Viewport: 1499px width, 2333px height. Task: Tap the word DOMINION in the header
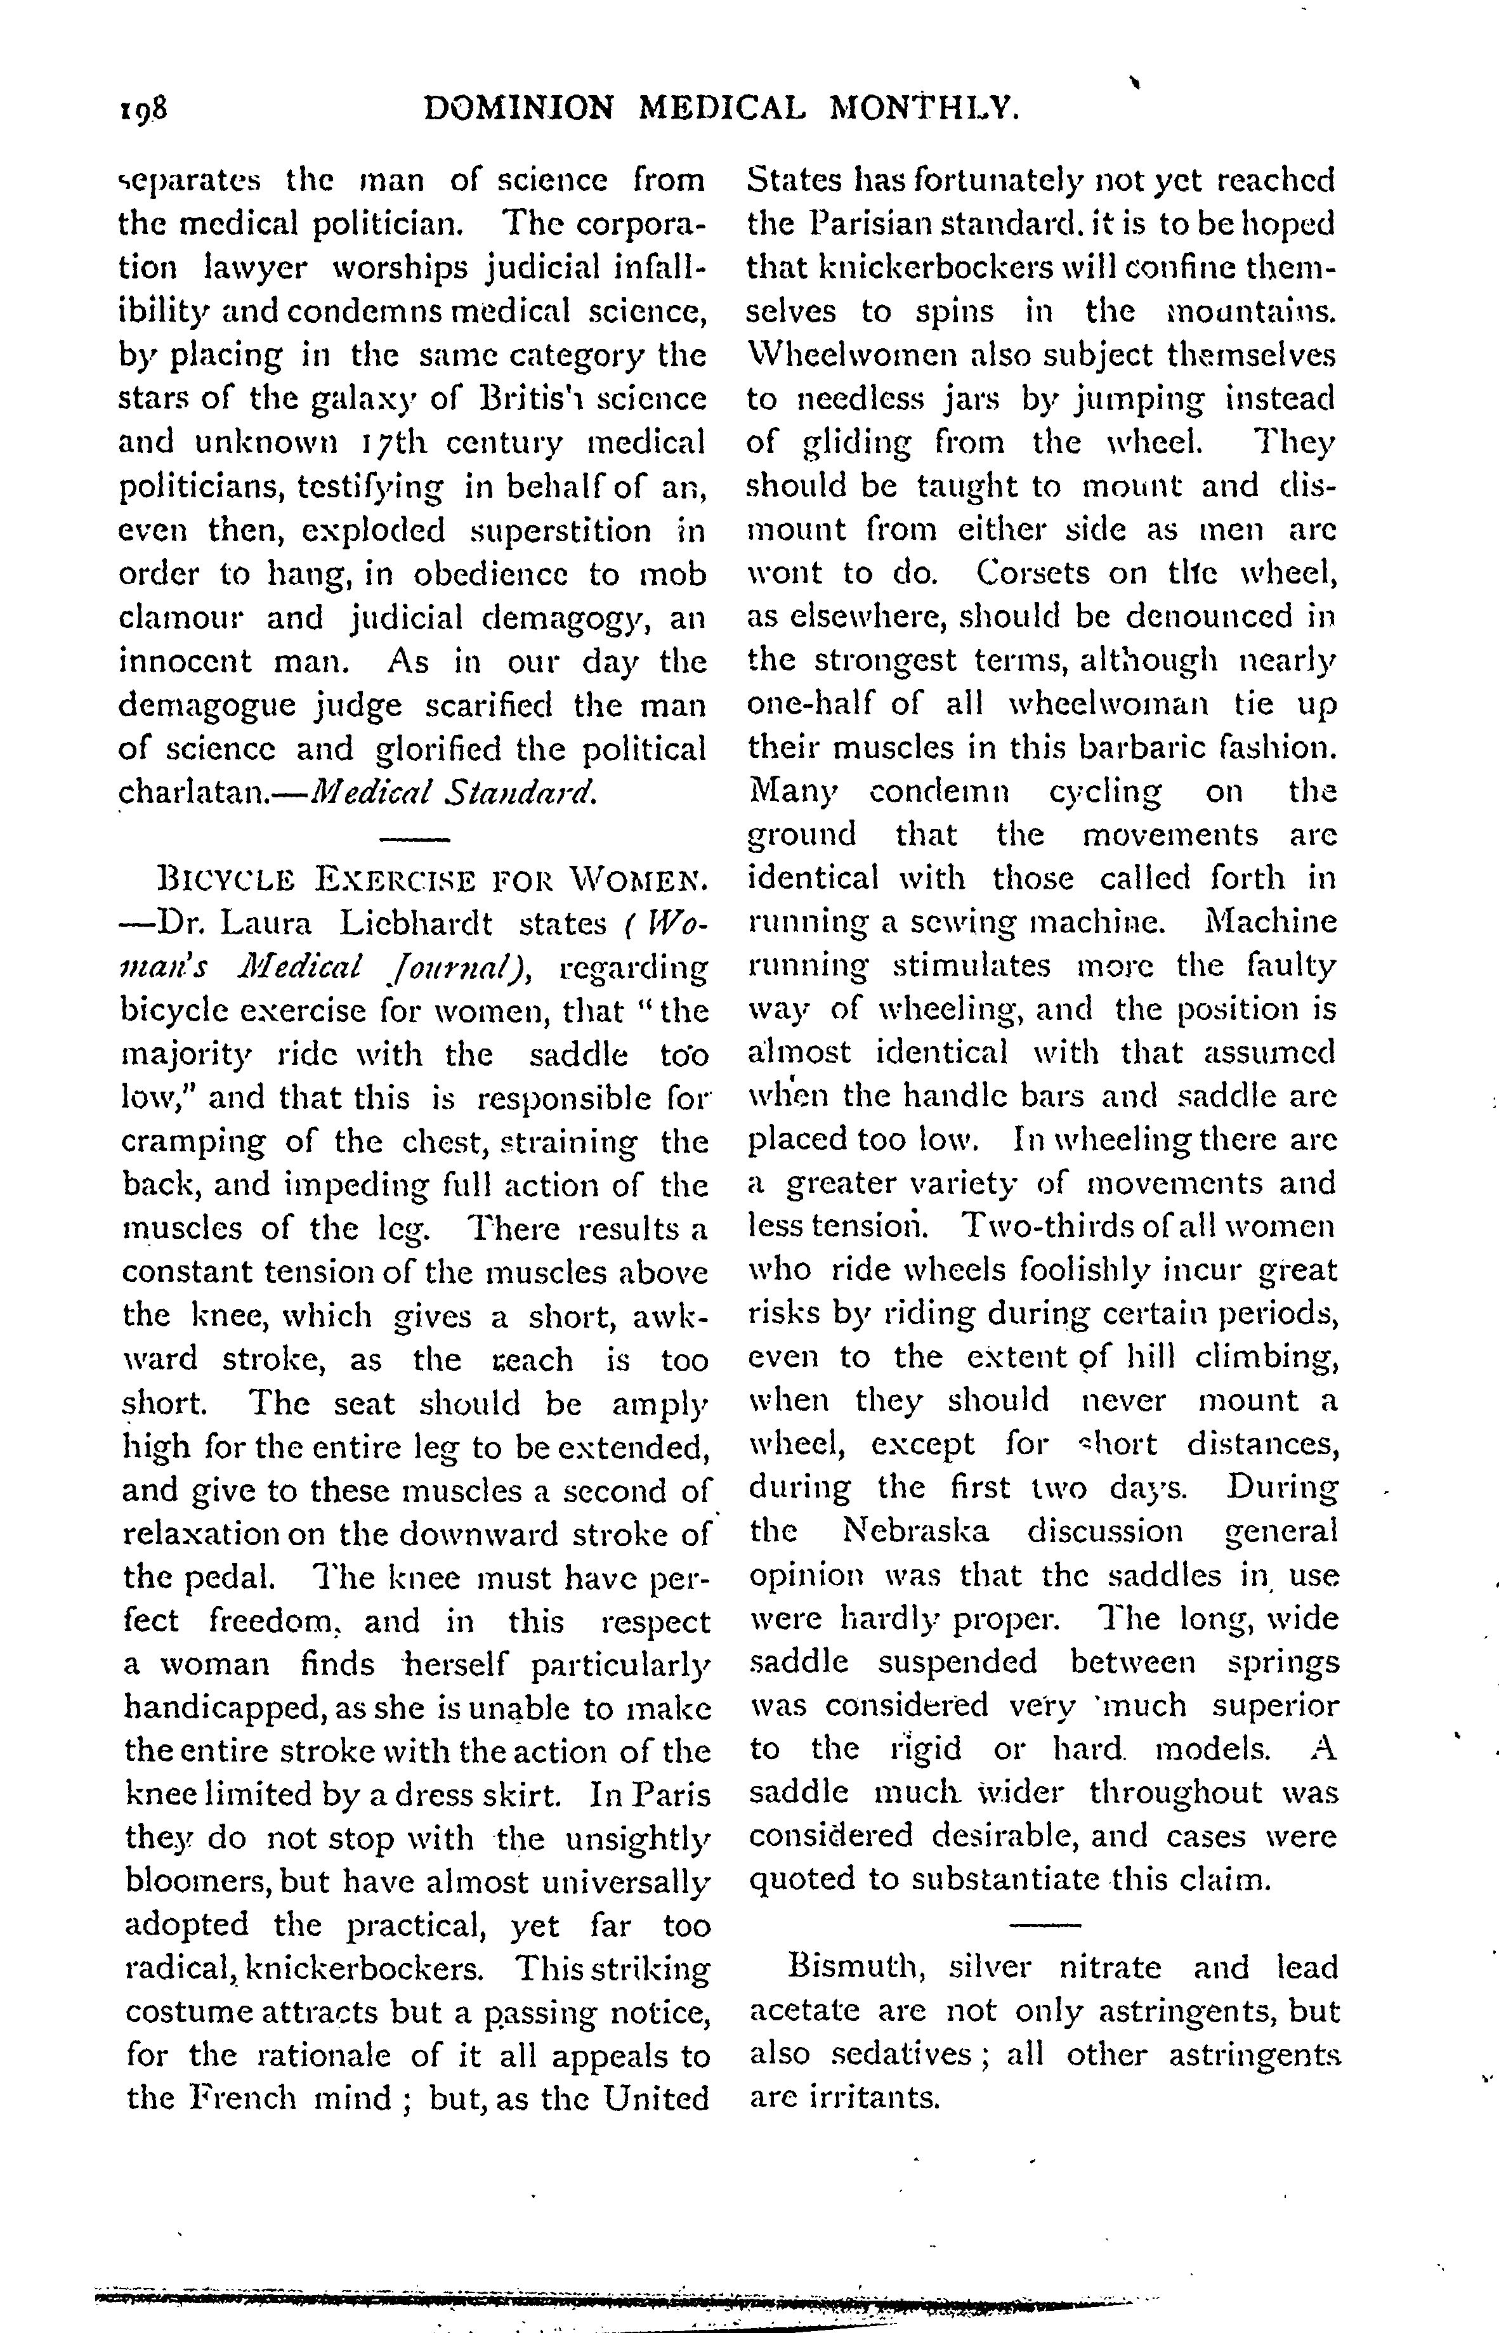click(x=520, y=107)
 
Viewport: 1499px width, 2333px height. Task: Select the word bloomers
click(x=197, y=1881)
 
